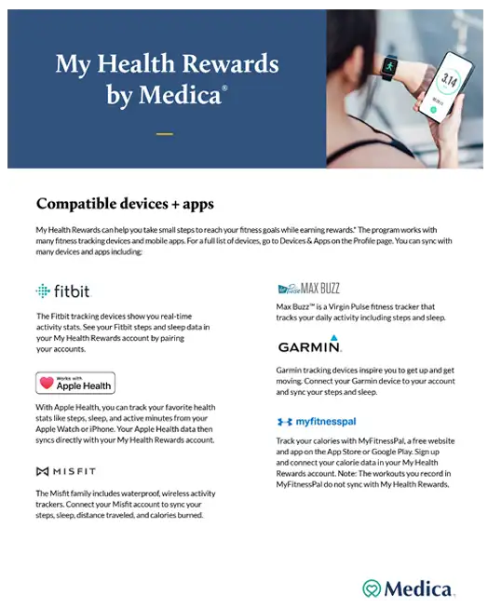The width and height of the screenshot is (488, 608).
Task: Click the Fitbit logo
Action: click(x=63, y=290)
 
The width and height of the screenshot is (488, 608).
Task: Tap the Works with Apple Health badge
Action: click(x=75, y=383)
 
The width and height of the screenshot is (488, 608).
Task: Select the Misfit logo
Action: click(x=66, y=471)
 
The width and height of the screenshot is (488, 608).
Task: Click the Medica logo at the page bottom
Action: click(x=408, y=588)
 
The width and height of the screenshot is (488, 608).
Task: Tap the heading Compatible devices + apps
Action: click(x=125, y=203)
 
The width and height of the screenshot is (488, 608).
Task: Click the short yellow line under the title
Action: click(x=165, y=134)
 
